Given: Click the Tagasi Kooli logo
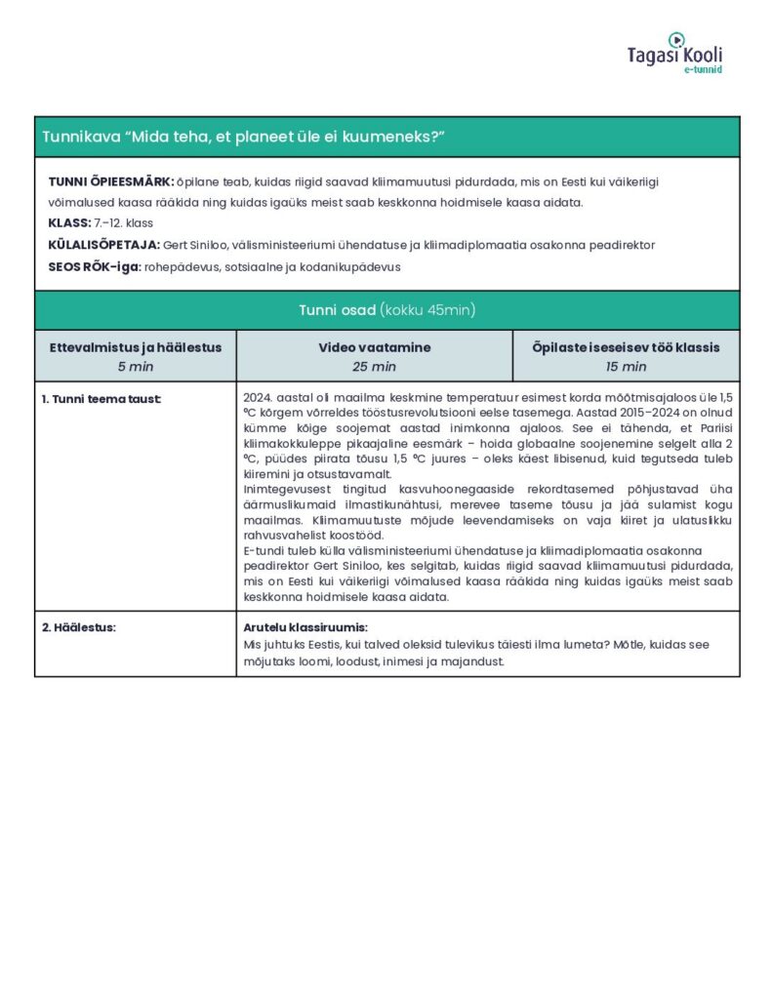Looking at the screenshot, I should click(x=674, y=51).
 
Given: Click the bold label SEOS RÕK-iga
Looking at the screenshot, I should click(x=94, y=266).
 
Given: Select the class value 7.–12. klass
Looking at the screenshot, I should click(x=124, y=223).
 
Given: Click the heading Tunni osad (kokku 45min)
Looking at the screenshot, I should click(x=386, y=310).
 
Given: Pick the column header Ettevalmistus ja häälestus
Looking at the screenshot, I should click(x=136, y=347).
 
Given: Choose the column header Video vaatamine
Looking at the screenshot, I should click(x=374, y=347).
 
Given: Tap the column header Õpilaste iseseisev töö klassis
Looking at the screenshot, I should click(x=626, y=347).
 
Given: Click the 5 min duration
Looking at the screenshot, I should click(x=136, y=367).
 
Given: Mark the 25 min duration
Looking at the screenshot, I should click(x=374, y=367).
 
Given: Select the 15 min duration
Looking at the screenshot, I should click(x=626, y=367).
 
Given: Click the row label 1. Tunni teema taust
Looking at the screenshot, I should click(x=102, y=399).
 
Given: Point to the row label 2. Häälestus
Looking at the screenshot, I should click(x=79, y=627).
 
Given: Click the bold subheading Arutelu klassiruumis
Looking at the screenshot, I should click(x=305, y=627).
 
